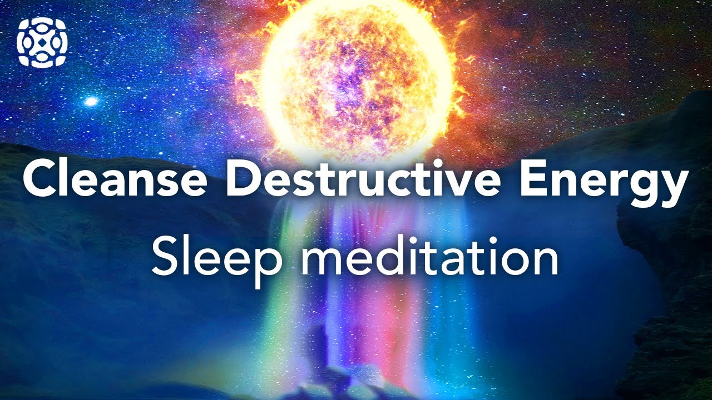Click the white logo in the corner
tap(42, 42)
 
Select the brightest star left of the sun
tap(90, 101)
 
